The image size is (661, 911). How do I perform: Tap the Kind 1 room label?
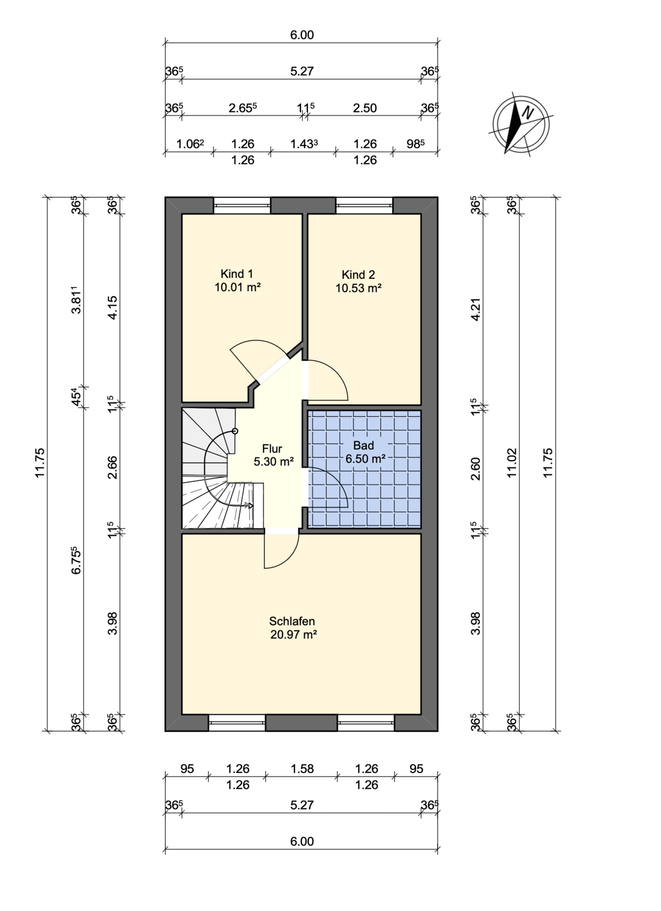(x=237, y=280)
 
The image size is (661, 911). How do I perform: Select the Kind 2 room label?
(x=359, y=281)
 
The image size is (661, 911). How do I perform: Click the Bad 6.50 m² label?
(x=364, y=452)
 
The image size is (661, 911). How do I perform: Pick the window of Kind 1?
(x=242, y=205)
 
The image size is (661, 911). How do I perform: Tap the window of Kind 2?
(x=364, y=205)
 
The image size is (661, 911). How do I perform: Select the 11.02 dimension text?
(x=512, y=463)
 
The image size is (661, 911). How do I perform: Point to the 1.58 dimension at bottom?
(x=302, y=768)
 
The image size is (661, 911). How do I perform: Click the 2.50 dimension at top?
(x=365, y=108)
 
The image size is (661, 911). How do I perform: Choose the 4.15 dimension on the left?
(x=113, y=307)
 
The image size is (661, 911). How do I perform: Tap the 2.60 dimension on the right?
(x=476, y=469)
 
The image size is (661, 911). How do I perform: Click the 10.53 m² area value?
(x=359, y=288)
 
